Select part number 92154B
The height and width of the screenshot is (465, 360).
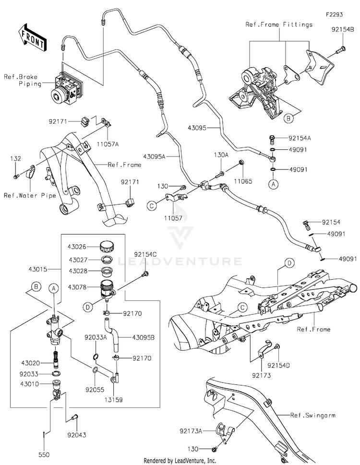(343, 30)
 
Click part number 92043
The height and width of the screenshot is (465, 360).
(77, 435)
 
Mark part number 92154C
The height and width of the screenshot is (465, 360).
(145, 255)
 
